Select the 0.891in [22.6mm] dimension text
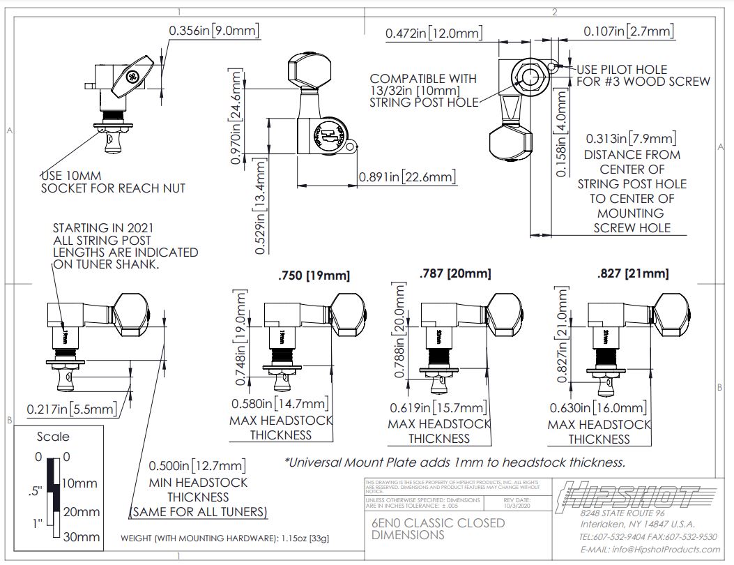click(407, 177)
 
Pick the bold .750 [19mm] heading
click(314, 276)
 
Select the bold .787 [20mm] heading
click(455, 273)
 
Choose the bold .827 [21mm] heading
click(632, 273)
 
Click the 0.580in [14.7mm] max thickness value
click(280, 404)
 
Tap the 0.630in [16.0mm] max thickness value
click(598, 408)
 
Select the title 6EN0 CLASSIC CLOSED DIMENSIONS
click(438, 529)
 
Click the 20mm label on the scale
click(82, 511)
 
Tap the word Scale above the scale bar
click(53, 437)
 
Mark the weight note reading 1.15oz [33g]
click(225, 538)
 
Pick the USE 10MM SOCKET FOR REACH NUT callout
click(113, 181)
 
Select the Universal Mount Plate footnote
click(454, 462)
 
